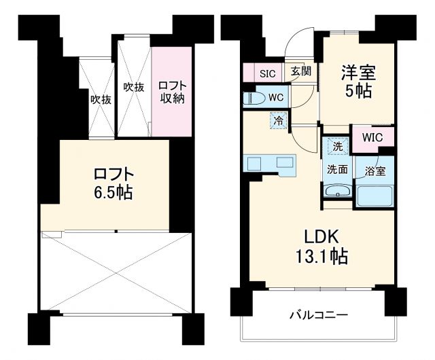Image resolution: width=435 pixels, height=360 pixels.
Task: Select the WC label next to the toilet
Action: (x=275, y=98)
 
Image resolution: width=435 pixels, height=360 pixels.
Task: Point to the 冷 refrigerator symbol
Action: (x=279, y=121)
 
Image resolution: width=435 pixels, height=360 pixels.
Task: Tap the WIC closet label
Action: (x=372, y=137)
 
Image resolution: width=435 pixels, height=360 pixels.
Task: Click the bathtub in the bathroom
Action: (x=375, y=194)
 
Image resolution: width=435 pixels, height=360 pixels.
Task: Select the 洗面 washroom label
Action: (x=337, y=170)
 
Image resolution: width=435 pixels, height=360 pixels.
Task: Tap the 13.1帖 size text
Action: (x=321, y=257)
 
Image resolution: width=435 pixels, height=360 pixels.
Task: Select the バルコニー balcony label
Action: (x=319, y=315)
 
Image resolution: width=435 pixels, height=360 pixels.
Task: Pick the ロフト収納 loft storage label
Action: (x=172, y=93)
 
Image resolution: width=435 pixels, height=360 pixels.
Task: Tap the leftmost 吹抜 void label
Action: (x=101, y=99)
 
